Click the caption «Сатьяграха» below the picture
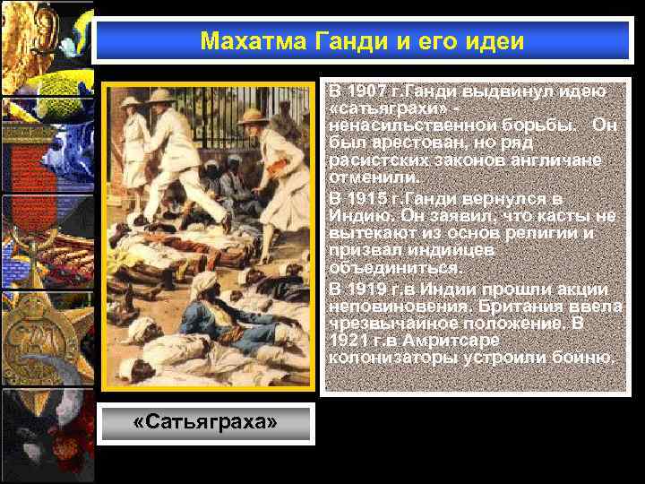click(205, 423)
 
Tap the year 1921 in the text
click(349, 341)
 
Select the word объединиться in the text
click(383, 268)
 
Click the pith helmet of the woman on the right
click(254, 117)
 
